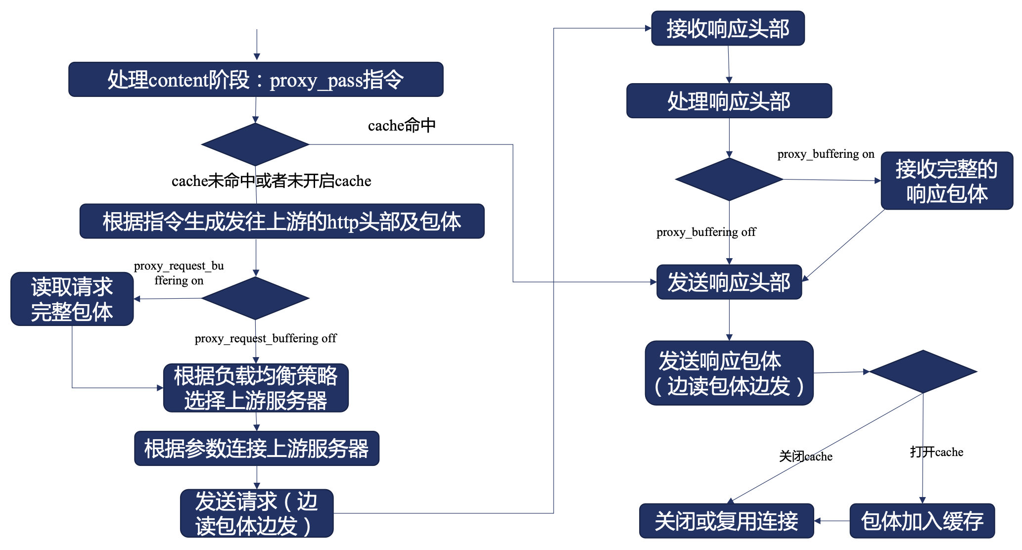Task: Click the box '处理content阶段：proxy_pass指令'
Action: pyautogui.click(x=256, y=80)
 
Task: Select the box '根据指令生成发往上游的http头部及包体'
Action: pyautogui.click(x=282, y=222)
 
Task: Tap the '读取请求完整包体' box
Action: pyautogui.click(x=72, y=299)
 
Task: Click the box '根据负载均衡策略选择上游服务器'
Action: pyautogui.click(x=256, y=388)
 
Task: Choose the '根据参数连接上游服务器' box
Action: pyautogui.click(x=257, y=449)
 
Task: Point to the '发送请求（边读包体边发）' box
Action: pyautogui.click(x=257, y=513)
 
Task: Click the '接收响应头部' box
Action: pyautogui.click(x=728, y=29)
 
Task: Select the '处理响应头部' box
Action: pyautogui.click(x=729, y=101)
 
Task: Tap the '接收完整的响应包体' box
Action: pyautogui.click(x=947, y=181)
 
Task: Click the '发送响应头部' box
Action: pyautogui.click(x=729, y=282)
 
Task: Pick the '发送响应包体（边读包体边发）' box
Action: pyautogui.click(x=729, y=373)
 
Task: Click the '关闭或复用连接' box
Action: pyautogui.click(x=726, y=521)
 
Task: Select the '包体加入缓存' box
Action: pyautogui.click(x=922, y=521)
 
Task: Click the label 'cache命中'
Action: pyautogui.click(x=402, y=126)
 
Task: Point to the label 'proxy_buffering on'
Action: pyautogui.click(x=826, y=154)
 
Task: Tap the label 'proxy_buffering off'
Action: pyautogui.click(x=706, y=232)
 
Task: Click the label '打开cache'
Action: pyautogui.click(x=936, y=452)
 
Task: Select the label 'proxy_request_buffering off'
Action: pyautogui.click(x=266, y=338)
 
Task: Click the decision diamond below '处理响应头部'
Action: pyautogui.click(x=729, y=180)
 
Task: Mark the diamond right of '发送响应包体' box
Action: pyautogui.click(x=923, y=371)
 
